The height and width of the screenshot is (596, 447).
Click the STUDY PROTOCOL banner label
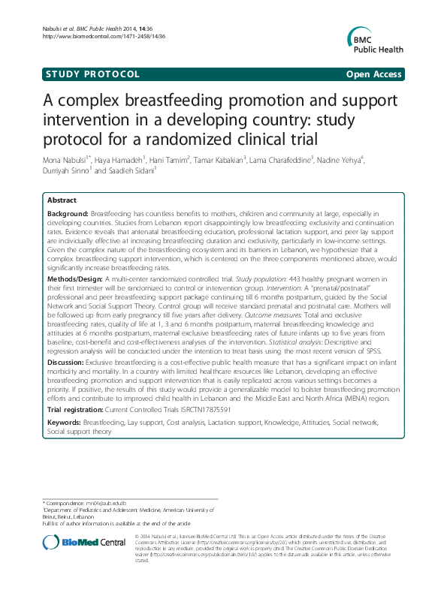(x=92, y=74)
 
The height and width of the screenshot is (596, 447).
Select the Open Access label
(x=375, y=74)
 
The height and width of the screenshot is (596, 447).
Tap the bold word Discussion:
(x=67, y=361)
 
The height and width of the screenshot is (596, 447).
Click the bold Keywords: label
(x=64, y=423)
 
